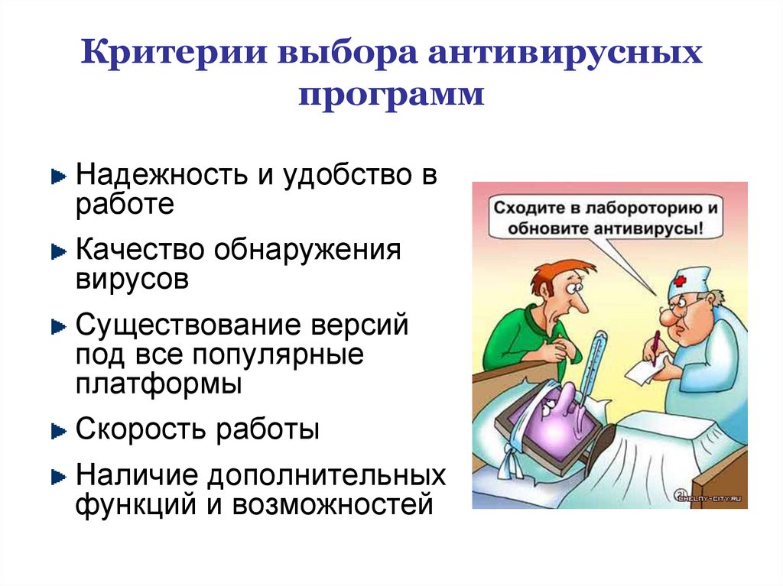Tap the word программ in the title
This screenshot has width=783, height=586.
tap(391, 97)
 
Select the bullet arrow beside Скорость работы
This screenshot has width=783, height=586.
tap(58, 432)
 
